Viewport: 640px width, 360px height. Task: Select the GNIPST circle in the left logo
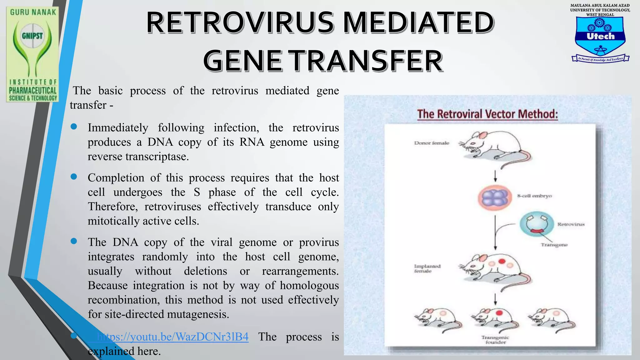coord(32,36)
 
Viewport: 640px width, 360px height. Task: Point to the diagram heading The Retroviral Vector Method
coord(487,114)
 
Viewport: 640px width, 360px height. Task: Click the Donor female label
coord(432,143)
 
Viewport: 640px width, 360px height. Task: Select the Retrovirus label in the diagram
coord(571,224)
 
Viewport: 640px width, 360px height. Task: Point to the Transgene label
coord(554,245)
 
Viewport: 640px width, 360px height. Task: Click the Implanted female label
coord(427,268)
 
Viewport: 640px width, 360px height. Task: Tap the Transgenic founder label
coord(495,340)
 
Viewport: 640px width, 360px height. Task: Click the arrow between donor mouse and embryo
coord(495,176)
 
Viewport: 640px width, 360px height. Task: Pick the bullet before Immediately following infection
coord(74,127)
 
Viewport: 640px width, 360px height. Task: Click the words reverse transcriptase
coord(138,157)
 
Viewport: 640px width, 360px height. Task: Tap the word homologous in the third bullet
coord(309,285)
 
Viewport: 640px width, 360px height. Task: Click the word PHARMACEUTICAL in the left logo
coord(33,91)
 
